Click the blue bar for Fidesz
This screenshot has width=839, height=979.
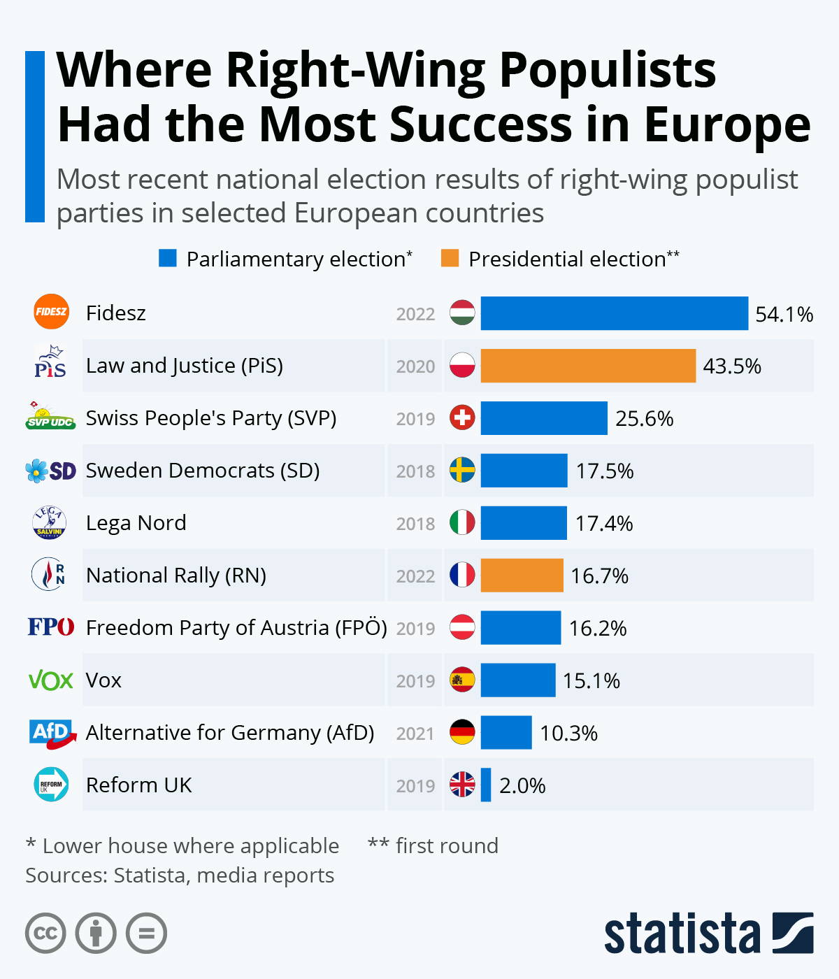[614, 313]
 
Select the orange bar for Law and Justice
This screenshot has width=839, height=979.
[588, 366]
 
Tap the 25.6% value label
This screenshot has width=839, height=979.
[644, 419]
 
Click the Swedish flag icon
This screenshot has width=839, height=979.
[462, 471]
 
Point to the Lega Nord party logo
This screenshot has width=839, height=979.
[50, 522]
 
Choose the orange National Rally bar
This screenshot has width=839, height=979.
[522, 576]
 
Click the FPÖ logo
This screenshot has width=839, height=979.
[50, 627]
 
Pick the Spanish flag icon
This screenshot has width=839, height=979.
[462, 680]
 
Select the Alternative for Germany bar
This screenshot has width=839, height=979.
[506, 733]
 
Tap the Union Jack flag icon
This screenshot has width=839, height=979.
[462, 785]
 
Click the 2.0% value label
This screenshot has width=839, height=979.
[522, 786]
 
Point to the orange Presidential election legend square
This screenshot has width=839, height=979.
[450, 259]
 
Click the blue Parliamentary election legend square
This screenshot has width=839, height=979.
[168, 259]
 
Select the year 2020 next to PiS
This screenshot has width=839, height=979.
[415, 366]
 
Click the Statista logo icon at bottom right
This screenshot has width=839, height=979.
[793, 933]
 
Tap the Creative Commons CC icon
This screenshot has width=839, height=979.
[45, 934]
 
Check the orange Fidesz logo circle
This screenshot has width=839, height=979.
[51, 312]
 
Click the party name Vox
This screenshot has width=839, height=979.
[103, 680]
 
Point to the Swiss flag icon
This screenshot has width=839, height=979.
[462, 418]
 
